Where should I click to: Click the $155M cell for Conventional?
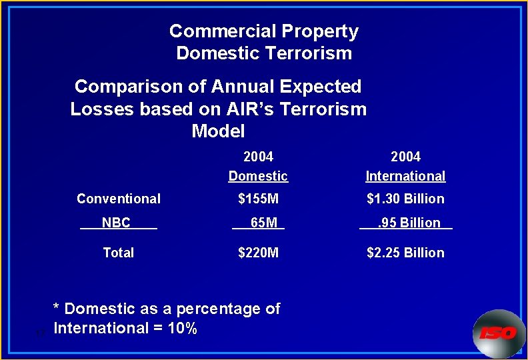pos(258,199)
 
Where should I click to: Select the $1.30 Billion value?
pos(405,199)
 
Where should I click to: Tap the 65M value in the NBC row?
pos(263,223)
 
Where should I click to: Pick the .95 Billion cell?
pos(409,223)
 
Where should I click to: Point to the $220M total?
pos(259,253)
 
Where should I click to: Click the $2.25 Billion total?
pos(405,253)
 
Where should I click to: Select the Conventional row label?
pos(119,199)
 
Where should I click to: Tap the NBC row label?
pos(116,223)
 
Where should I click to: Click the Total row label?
pos(118,253)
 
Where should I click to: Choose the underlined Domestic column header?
pos(258,176)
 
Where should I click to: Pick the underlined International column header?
pos(405,176)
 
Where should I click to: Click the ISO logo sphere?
pos(498,333)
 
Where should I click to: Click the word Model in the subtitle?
pos(218,131)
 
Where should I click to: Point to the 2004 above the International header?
pos(405,157)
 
